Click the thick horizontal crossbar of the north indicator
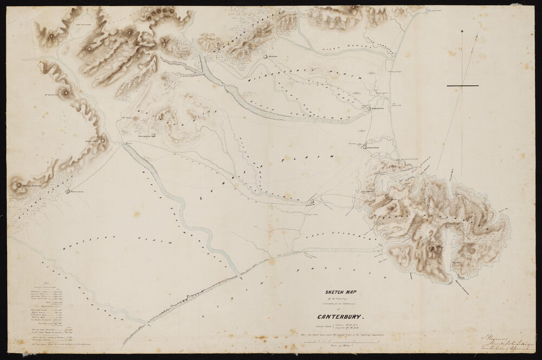pyautogui.click(x=463, y=86)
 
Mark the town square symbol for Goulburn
pyautogui.click(x=153, y=136)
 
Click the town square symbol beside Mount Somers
pyautogui.click(x=68, y=191)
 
